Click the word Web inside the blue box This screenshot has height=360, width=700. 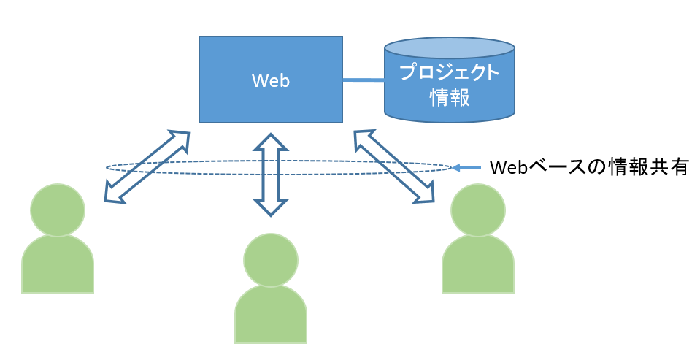point(271,80)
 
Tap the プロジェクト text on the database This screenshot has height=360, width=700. point(449,73)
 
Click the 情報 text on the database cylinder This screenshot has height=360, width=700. point(449,97)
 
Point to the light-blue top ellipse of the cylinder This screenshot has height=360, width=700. point(449,49)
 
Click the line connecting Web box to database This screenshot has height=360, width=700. point(364,80)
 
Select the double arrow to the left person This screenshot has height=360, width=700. point(147,166)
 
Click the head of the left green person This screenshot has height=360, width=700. point(58,210)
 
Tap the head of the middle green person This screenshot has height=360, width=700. point(271,260)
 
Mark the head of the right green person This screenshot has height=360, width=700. point(478,210)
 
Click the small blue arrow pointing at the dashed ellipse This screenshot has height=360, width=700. point(466,168)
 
